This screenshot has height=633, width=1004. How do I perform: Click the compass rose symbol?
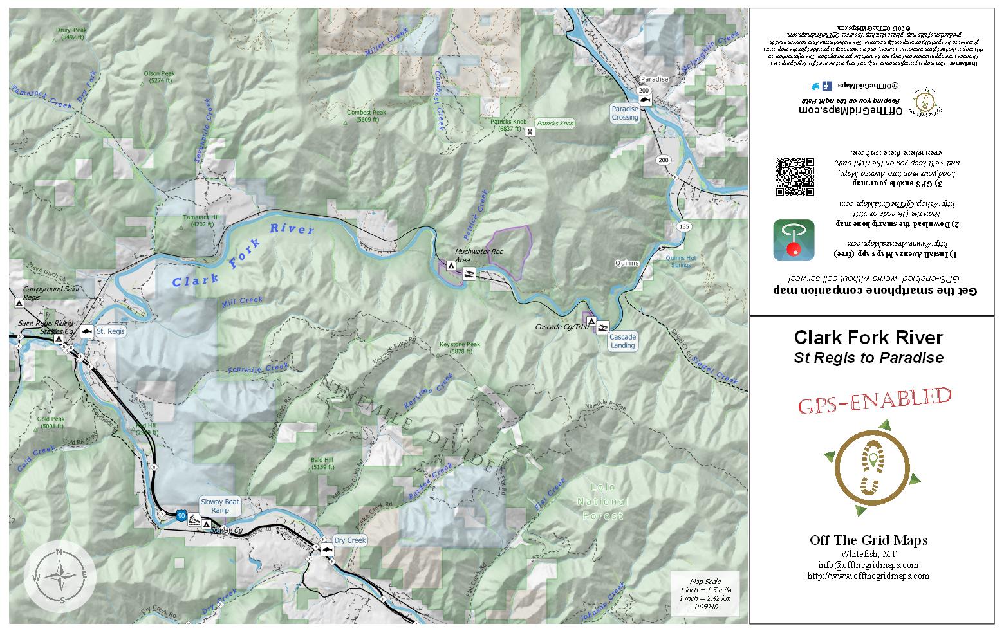click(x=60, y=575)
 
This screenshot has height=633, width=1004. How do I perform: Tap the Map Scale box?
click(x=705, y=594)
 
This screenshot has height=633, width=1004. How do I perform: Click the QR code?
click(x=795, y=176)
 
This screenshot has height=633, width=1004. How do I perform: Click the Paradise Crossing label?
click(x=625, y=113)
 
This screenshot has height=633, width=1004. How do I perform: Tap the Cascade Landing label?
click(x=622, y=341)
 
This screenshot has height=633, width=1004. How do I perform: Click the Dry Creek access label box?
click(x=350, y=540)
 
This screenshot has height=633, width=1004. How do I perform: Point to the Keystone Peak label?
click(x=460, y=347)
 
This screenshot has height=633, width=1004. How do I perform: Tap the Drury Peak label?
click(x=71, y=33)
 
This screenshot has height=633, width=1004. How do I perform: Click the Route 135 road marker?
click(x=684, y=226)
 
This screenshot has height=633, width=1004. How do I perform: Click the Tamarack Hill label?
click(x=201, y=221)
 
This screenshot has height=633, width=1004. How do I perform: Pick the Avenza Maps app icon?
click(x=794, y=239)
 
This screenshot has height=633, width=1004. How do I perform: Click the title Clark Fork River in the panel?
click(x=868, y=338)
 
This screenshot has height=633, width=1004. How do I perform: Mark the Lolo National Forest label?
click(x=602, y=501)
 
